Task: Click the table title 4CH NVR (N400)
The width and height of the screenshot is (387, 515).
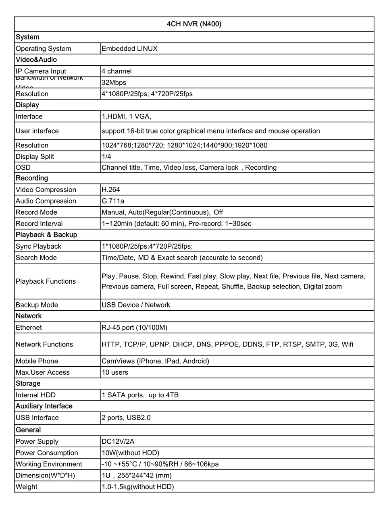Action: point(194,24)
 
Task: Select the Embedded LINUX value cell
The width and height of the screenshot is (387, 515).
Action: point(129,49)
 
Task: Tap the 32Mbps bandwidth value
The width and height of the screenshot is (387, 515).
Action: point(114,83)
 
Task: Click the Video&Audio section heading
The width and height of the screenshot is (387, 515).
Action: point(36,60)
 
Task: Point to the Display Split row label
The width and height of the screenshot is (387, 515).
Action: point(35,157)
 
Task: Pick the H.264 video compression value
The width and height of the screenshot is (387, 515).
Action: point(111,190)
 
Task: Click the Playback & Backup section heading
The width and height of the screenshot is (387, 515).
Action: point(46,235)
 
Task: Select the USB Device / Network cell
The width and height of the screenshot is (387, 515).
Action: point(136,305)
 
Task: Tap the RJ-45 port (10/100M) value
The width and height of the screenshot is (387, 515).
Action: point(134,328)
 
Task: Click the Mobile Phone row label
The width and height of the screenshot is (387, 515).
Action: point(37,361)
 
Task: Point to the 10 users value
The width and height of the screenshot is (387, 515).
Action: point(115,373)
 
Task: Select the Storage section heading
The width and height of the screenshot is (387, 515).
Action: point(28,384)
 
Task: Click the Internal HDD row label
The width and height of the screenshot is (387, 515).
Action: point(35,395)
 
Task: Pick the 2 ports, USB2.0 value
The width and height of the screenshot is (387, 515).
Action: point(126,418)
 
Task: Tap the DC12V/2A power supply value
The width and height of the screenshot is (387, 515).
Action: point(118,442)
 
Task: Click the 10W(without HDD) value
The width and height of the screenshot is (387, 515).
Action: point(130,453)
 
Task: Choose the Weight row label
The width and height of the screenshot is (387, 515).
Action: point(27,487)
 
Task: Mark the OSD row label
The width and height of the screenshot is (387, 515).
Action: point(23,168)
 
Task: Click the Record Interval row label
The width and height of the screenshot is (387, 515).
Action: point(39,224)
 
